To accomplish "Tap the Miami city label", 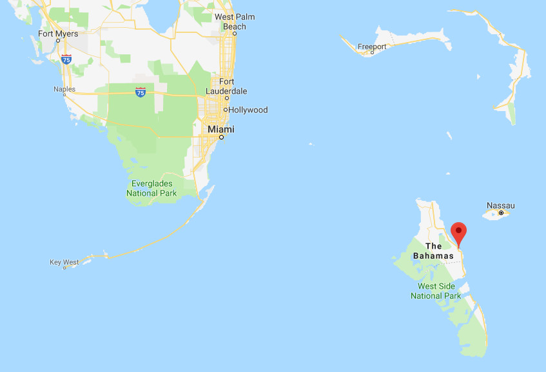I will [x=220, y=129].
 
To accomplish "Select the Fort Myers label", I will [x=58, y=34].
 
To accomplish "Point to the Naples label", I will [x=64, y=89].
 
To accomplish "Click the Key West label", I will [x=64, y=262].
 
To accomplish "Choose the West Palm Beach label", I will [x=234, y=21].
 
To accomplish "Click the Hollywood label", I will [x=248, y=110].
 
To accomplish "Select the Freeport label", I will [x=373, y=46].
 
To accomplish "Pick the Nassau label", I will [x=502, y=205].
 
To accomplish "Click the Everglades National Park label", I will [x=151, y=188].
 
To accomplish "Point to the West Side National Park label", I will [x=436, y=291].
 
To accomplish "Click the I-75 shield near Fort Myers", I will [x=66, y=59].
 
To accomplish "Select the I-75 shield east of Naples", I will [x=141, y=92].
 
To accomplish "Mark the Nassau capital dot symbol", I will [x=501, y=213].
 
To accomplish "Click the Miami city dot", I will [x=220, y=137].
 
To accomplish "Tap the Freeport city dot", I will [x=372, y=53].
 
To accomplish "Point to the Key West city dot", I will [x=64, y=267].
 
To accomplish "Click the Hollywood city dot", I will [x=225, y=110].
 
